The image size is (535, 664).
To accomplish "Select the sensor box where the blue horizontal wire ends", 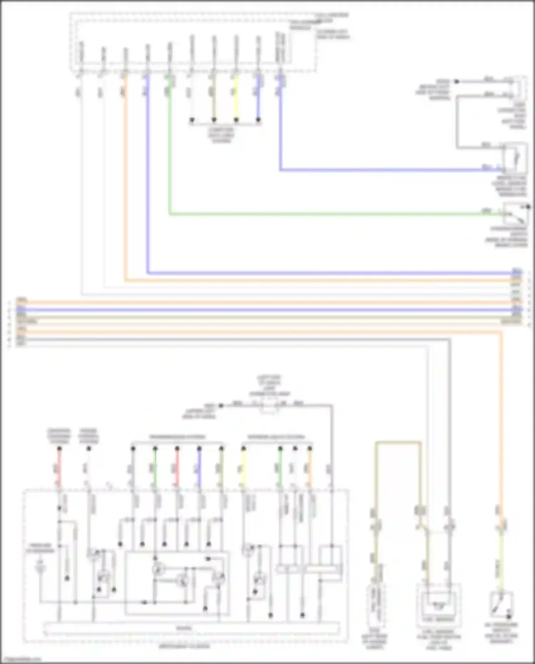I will tap(514, 157).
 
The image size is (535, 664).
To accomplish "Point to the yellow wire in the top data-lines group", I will tap(236, 96).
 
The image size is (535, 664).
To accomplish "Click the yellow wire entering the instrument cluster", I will tap(244, 467).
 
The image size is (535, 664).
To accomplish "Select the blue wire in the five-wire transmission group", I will tap(199, 467).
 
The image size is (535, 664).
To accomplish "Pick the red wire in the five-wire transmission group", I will tap(177, 467).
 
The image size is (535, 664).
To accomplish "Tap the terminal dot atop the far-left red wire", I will tap(60, 448).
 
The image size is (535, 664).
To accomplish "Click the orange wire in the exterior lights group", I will tap(310, 467).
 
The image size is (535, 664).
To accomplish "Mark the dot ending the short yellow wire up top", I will tap(236, 120).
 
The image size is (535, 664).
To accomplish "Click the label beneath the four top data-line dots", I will tap(221, 135).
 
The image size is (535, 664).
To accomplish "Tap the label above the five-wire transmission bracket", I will tap(177, 437).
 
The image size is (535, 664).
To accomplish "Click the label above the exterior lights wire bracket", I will tap(276, 437).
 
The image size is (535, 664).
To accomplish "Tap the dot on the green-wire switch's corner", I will tap(528, 207).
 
